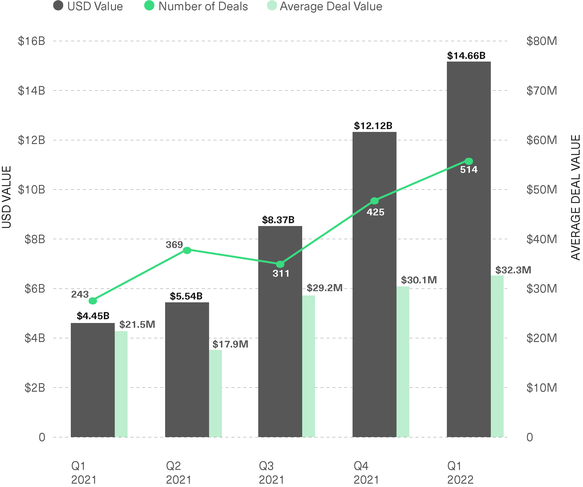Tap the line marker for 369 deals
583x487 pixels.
point(187,250)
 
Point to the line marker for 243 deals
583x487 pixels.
point(93,301)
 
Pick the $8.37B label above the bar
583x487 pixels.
point(278,220)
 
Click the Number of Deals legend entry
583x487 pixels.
point(196,6)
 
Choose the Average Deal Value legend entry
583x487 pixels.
point(325,6)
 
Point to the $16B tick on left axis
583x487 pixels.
point(31,41)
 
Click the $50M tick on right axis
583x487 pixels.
point(542,189)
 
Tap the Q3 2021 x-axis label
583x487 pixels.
point(271,473)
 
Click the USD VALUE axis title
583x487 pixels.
point(7,197)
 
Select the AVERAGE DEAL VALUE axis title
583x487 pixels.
point(575,198)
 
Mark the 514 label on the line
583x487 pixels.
point(469,169)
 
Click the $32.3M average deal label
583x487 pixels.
point(513,270)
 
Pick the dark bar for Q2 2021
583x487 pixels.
point(187,370)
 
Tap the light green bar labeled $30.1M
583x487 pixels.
point(403,362)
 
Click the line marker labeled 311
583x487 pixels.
point(280,264)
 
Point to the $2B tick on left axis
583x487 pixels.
point(35,388)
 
